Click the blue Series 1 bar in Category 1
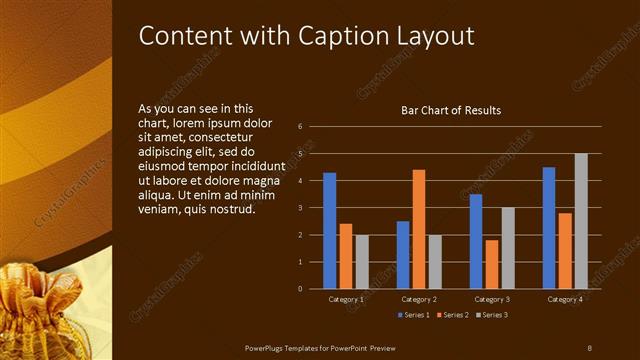tap(329, 230)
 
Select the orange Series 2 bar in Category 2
tap(418, 229)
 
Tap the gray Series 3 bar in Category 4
tap(581, 221)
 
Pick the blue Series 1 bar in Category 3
tap(476, 241)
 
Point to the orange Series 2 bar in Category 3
tap(491, 264)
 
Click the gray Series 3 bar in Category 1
tap(361, 261)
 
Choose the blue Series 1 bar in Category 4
tap(549, 227)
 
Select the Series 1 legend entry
tap(414, 315)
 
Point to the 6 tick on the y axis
tap(300, 127)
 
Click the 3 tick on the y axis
tap(300, 208)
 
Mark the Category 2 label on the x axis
tap(419, 299)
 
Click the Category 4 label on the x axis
tap(565, 299)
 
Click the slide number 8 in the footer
tap(589, 347)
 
